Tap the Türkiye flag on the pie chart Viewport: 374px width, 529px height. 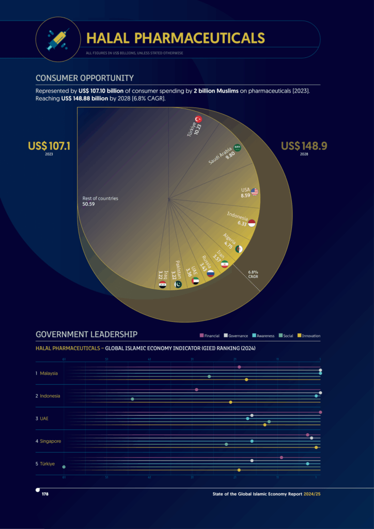198,119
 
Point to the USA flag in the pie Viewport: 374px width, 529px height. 255,192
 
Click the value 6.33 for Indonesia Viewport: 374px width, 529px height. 242,223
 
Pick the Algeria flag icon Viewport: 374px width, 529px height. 239,249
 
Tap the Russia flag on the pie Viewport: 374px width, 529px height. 210,273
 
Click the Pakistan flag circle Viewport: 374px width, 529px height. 179,284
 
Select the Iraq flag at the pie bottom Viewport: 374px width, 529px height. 163,284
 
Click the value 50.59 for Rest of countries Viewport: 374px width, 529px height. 88,205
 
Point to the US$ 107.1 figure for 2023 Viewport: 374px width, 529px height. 49,146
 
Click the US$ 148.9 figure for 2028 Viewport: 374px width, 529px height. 304,146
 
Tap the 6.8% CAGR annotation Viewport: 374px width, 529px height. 253,274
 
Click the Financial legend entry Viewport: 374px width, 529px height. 210,336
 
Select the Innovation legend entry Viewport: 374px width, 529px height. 309,336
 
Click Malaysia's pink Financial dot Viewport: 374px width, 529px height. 239,367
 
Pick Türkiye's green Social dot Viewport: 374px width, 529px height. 64,466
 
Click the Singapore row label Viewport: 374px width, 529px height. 50,441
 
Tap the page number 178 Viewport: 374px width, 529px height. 45,494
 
